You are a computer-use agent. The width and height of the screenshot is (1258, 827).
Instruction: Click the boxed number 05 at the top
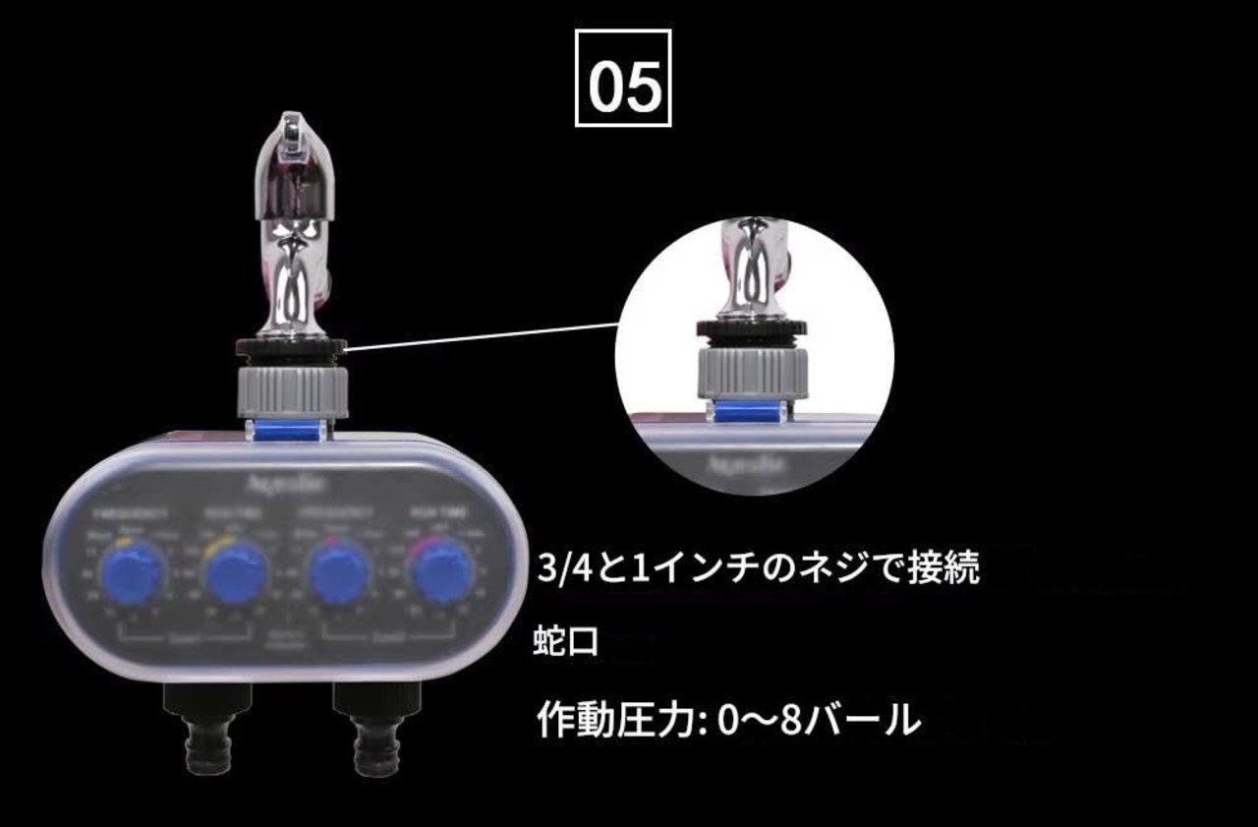tap(623, 78)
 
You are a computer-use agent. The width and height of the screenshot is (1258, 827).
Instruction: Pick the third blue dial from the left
tap(339, 572)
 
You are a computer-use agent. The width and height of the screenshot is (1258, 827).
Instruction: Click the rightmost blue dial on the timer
tap(440, 572)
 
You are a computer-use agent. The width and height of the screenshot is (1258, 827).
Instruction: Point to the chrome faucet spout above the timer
tap(295, 226)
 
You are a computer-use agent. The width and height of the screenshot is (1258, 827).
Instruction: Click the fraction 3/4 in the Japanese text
tap(560, 567)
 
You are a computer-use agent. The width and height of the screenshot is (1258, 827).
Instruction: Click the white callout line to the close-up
tap(482, 334)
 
